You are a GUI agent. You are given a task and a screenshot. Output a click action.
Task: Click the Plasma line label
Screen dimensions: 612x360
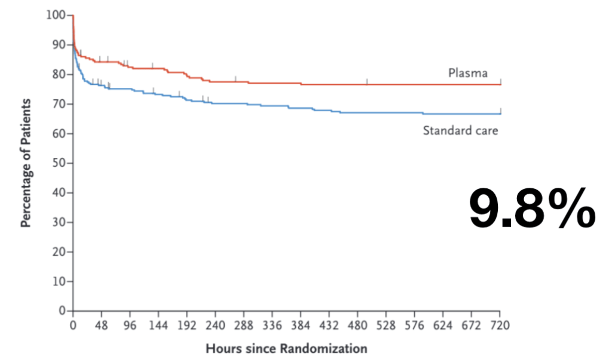click(467, 73)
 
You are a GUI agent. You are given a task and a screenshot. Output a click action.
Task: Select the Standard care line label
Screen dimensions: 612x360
click(461, 130)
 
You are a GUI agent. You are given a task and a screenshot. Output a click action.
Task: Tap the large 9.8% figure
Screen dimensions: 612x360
click(533, 209)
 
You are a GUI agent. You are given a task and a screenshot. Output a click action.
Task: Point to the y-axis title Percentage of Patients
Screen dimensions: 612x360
click(26, 163)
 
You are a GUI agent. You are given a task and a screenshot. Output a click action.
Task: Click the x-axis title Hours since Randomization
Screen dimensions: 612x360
click(286, 348)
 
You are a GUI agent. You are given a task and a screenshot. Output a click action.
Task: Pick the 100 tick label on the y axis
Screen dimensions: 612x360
click(56, 15)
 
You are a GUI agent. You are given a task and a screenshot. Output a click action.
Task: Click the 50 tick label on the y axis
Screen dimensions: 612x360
click(59, 163)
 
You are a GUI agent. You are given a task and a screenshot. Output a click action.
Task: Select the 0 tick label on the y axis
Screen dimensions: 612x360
click(62, 311)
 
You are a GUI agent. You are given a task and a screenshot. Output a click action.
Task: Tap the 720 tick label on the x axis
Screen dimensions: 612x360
click(500, 325)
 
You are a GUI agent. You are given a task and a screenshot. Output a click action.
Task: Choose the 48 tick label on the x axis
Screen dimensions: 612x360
click(101, 325)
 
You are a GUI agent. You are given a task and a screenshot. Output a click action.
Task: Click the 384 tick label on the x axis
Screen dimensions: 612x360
click(301, 325)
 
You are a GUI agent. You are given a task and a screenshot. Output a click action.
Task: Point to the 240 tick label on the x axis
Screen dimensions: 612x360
click(215, 325)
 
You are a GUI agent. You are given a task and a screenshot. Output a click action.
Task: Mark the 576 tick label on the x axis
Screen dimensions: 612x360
click(415, 325)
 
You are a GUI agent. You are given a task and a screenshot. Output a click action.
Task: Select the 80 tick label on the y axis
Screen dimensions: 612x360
click(59, 74)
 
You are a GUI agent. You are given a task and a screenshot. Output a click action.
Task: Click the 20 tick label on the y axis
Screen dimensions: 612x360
click(59, 252)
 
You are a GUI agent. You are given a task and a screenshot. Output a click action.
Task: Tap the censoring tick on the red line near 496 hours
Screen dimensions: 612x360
click(367, 81)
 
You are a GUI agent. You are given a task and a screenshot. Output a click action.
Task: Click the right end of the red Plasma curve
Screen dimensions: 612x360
click(501, 84)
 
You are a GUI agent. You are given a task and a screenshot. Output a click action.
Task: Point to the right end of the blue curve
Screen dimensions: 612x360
click(501, 114)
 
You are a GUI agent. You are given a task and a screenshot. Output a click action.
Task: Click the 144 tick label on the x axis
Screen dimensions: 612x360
click(158, 325)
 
